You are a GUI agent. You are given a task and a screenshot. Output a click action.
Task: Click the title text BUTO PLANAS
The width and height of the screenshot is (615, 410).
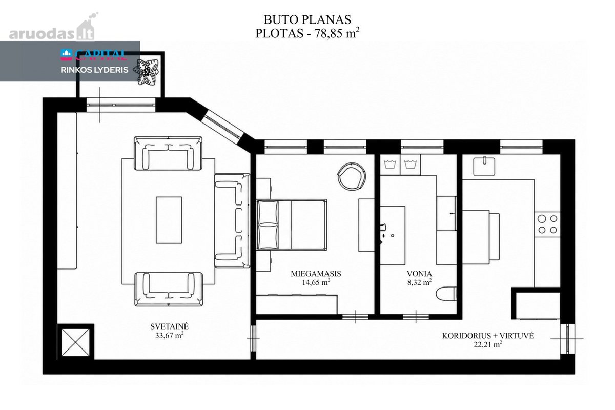pyautogui.click(x=307, y=20)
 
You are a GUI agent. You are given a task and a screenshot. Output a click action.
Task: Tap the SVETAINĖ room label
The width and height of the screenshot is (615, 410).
pyautogui.click(x=170, y=326)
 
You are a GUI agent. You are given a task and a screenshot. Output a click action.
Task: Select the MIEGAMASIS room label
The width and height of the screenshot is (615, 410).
pyautogui.click(x=316, y=274)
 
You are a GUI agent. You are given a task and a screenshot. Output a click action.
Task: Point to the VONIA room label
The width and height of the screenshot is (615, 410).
pyautogui.click(x=419, y=274)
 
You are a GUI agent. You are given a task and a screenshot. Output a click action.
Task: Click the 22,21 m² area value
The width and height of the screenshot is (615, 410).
pyautogui.click(x=488, y=344)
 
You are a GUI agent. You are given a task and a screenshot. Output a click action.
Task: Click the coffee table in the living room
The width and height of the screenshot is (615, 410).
pyautogui.click(x=169, y=220)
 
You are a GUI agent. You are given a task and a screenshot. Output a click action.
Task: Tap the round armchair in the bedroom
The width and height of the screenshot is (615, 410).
pyautogui.click(x=352, y=176)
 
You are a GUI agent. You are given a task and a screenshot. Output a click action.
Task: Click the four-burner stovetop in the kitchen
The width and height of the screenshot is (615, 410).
pyautogui.click(x=547, y=224)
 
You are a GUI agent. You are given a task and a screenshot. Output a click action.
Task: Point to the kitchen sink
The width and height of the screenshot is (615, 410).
pyautogui.click(x=484, y=166)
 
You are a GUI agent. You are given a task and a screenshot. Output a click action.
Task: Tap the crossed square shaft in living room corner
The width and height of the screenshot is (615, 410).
pyautogui.click(x=75, y=342)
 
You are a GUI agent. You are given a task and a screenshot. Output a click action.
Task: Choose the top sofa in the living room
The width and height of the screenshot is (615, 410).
pyautogui.click(x=168, y=153)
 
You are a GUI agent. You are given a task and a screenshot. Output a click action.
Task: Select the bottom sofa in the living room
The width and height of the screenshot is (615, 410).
pyautogui.click(x=169, y=289)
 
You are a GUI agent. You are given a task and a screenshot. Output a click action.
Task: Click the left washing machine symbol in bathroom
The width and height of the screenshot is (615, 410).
pyautogui.click(x=390, y=165)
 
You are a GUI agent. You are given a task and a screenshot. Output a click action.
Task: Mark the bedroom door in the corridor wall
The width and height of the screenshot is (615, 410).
pyautogui.click(x=355, y=317)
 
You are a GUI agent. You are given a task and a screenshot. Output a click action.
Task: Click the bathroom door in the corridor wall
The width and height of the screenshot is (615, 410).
pyautogui.click(x=416, y=317)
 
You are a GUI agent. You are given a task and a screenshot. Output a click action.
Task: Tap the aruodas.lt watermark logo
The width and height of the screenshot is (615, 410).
pyautogui.click(x=53, y=27)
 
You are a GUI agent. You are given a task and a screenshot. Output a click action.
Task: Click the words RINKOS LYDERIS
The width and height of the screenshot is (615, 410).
pyautogui.click(x=94, y=70)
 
